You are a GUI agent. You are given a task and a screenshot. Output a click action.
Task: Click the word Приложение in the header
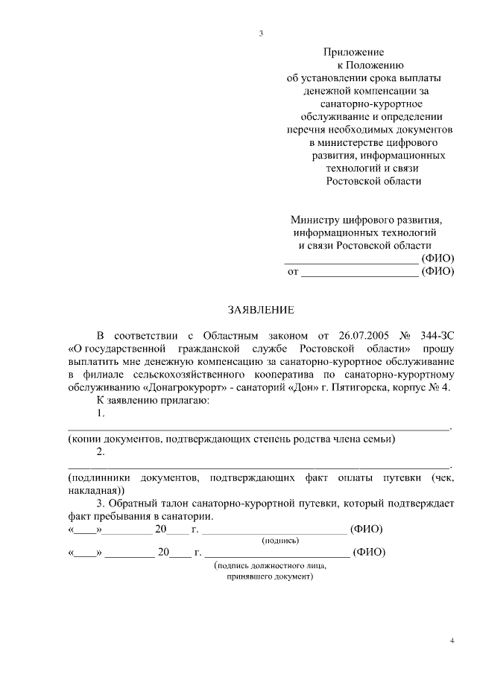point(353,53)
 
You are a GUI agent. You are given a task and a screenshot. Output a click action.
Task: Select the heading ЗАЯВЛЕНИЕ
point(261,310)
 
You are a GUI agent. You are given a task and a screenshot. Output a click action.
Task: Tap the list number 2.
point(101,451)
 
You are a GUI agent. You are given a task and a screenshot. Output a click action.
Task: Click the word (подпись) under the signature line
point(279,540)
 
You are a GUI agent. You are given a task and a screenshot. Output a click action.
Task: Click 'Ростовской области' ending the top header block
point(373,180)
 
